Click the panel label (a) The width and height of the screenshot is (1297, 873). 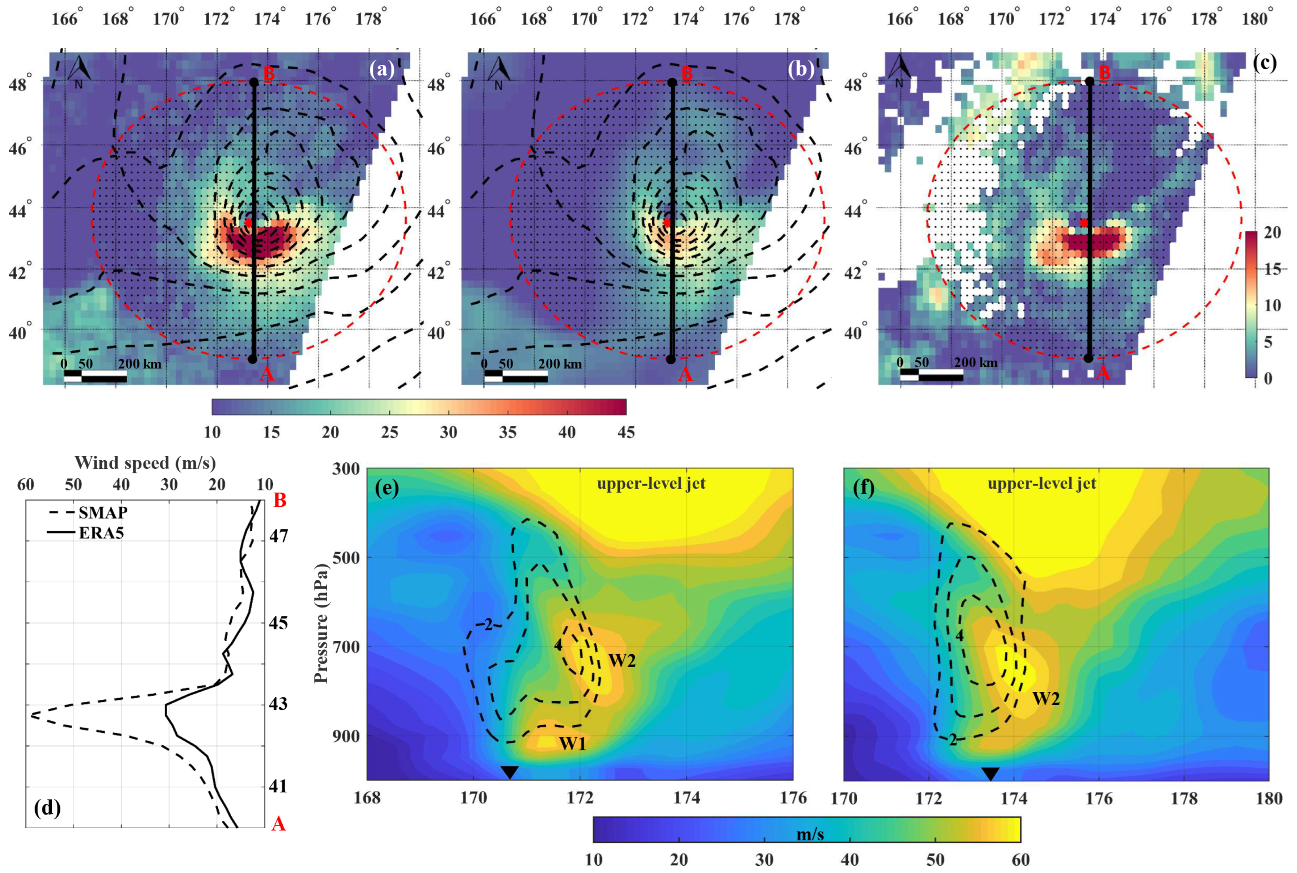click(382, 69)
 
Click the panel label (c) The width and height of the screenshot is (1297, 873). click(1264, 62)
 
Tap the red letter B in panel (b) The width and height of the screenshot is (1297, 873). click(687, 73)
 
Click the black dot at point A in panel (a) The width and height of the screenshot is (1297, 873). click(252, 359)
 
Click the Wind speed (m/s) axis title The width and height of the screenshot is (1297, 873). click(145, 463)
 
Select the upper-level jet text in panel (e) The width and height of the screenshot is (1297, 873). click(651, 483)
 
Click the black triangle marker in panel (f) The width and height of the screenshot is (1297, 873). click(990, 773)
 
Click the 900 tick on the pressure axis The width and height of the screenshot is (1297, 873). click(346, 736)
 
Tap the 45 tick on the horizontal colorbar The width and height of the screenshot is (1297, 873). click(626, 433)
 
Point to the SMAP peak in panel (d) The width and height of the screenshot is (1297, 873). click(32, 715)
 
